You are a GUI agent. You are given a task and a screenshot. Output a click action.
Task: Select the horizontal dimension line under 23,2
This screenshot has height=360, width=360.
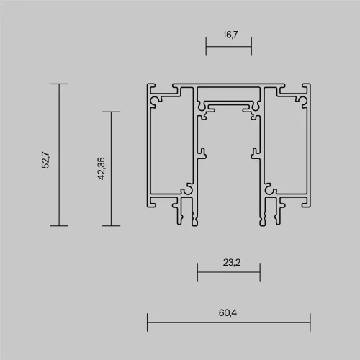[229, 273]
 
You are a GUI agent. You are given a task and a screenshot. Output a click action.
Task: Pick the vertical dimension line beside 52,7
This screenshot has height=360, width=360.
[59, 154]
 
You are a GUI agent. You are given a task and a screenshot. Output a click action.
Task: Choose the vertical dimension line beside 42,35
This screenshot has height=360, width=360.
[110, 168]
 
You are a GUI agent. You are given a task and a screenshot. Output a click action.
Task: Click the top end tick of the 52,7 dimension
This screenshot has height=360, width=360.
[59, 84]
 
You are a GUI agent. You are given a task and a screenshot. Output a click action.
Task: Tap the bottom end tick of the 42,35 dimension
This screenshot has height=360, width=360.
[110, 225]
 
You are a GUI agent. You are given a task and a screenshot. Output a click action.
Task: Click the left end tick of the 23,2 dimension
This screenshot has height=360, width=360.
[197, 273]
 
